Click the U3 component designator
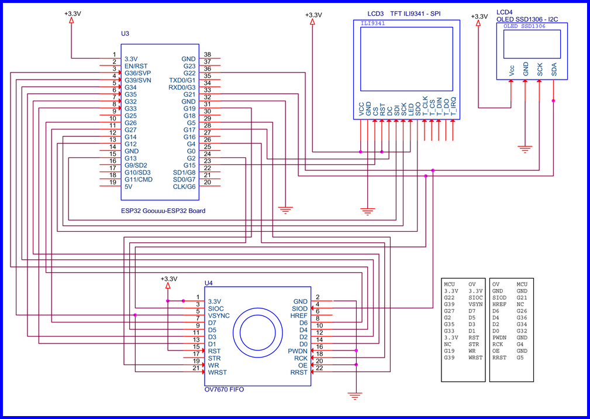tap(125, 34)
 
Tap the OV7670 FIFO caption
tap(224, 389)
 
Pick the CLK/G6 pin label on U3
tap(184, 187)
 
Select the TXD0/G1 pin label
tap(182, 80)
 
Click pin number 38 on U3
tap(207, 55)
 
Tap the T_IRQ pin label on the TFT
tap(453, 106)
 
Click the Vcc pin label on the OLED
tap(512, 70)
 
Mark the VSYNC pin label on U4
tap(219, 315)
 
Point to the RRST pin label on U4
tap(299, 372)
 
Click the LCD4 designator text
tap(505, 12)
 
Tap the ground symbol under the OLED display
tap(526, 149)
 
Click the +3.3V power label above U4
tap(168, 279)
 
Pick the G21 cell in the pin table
tap(522, 298)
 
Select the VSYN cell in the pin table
tap(475, 305)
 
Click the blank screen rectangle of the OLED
tap(532, 43)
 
